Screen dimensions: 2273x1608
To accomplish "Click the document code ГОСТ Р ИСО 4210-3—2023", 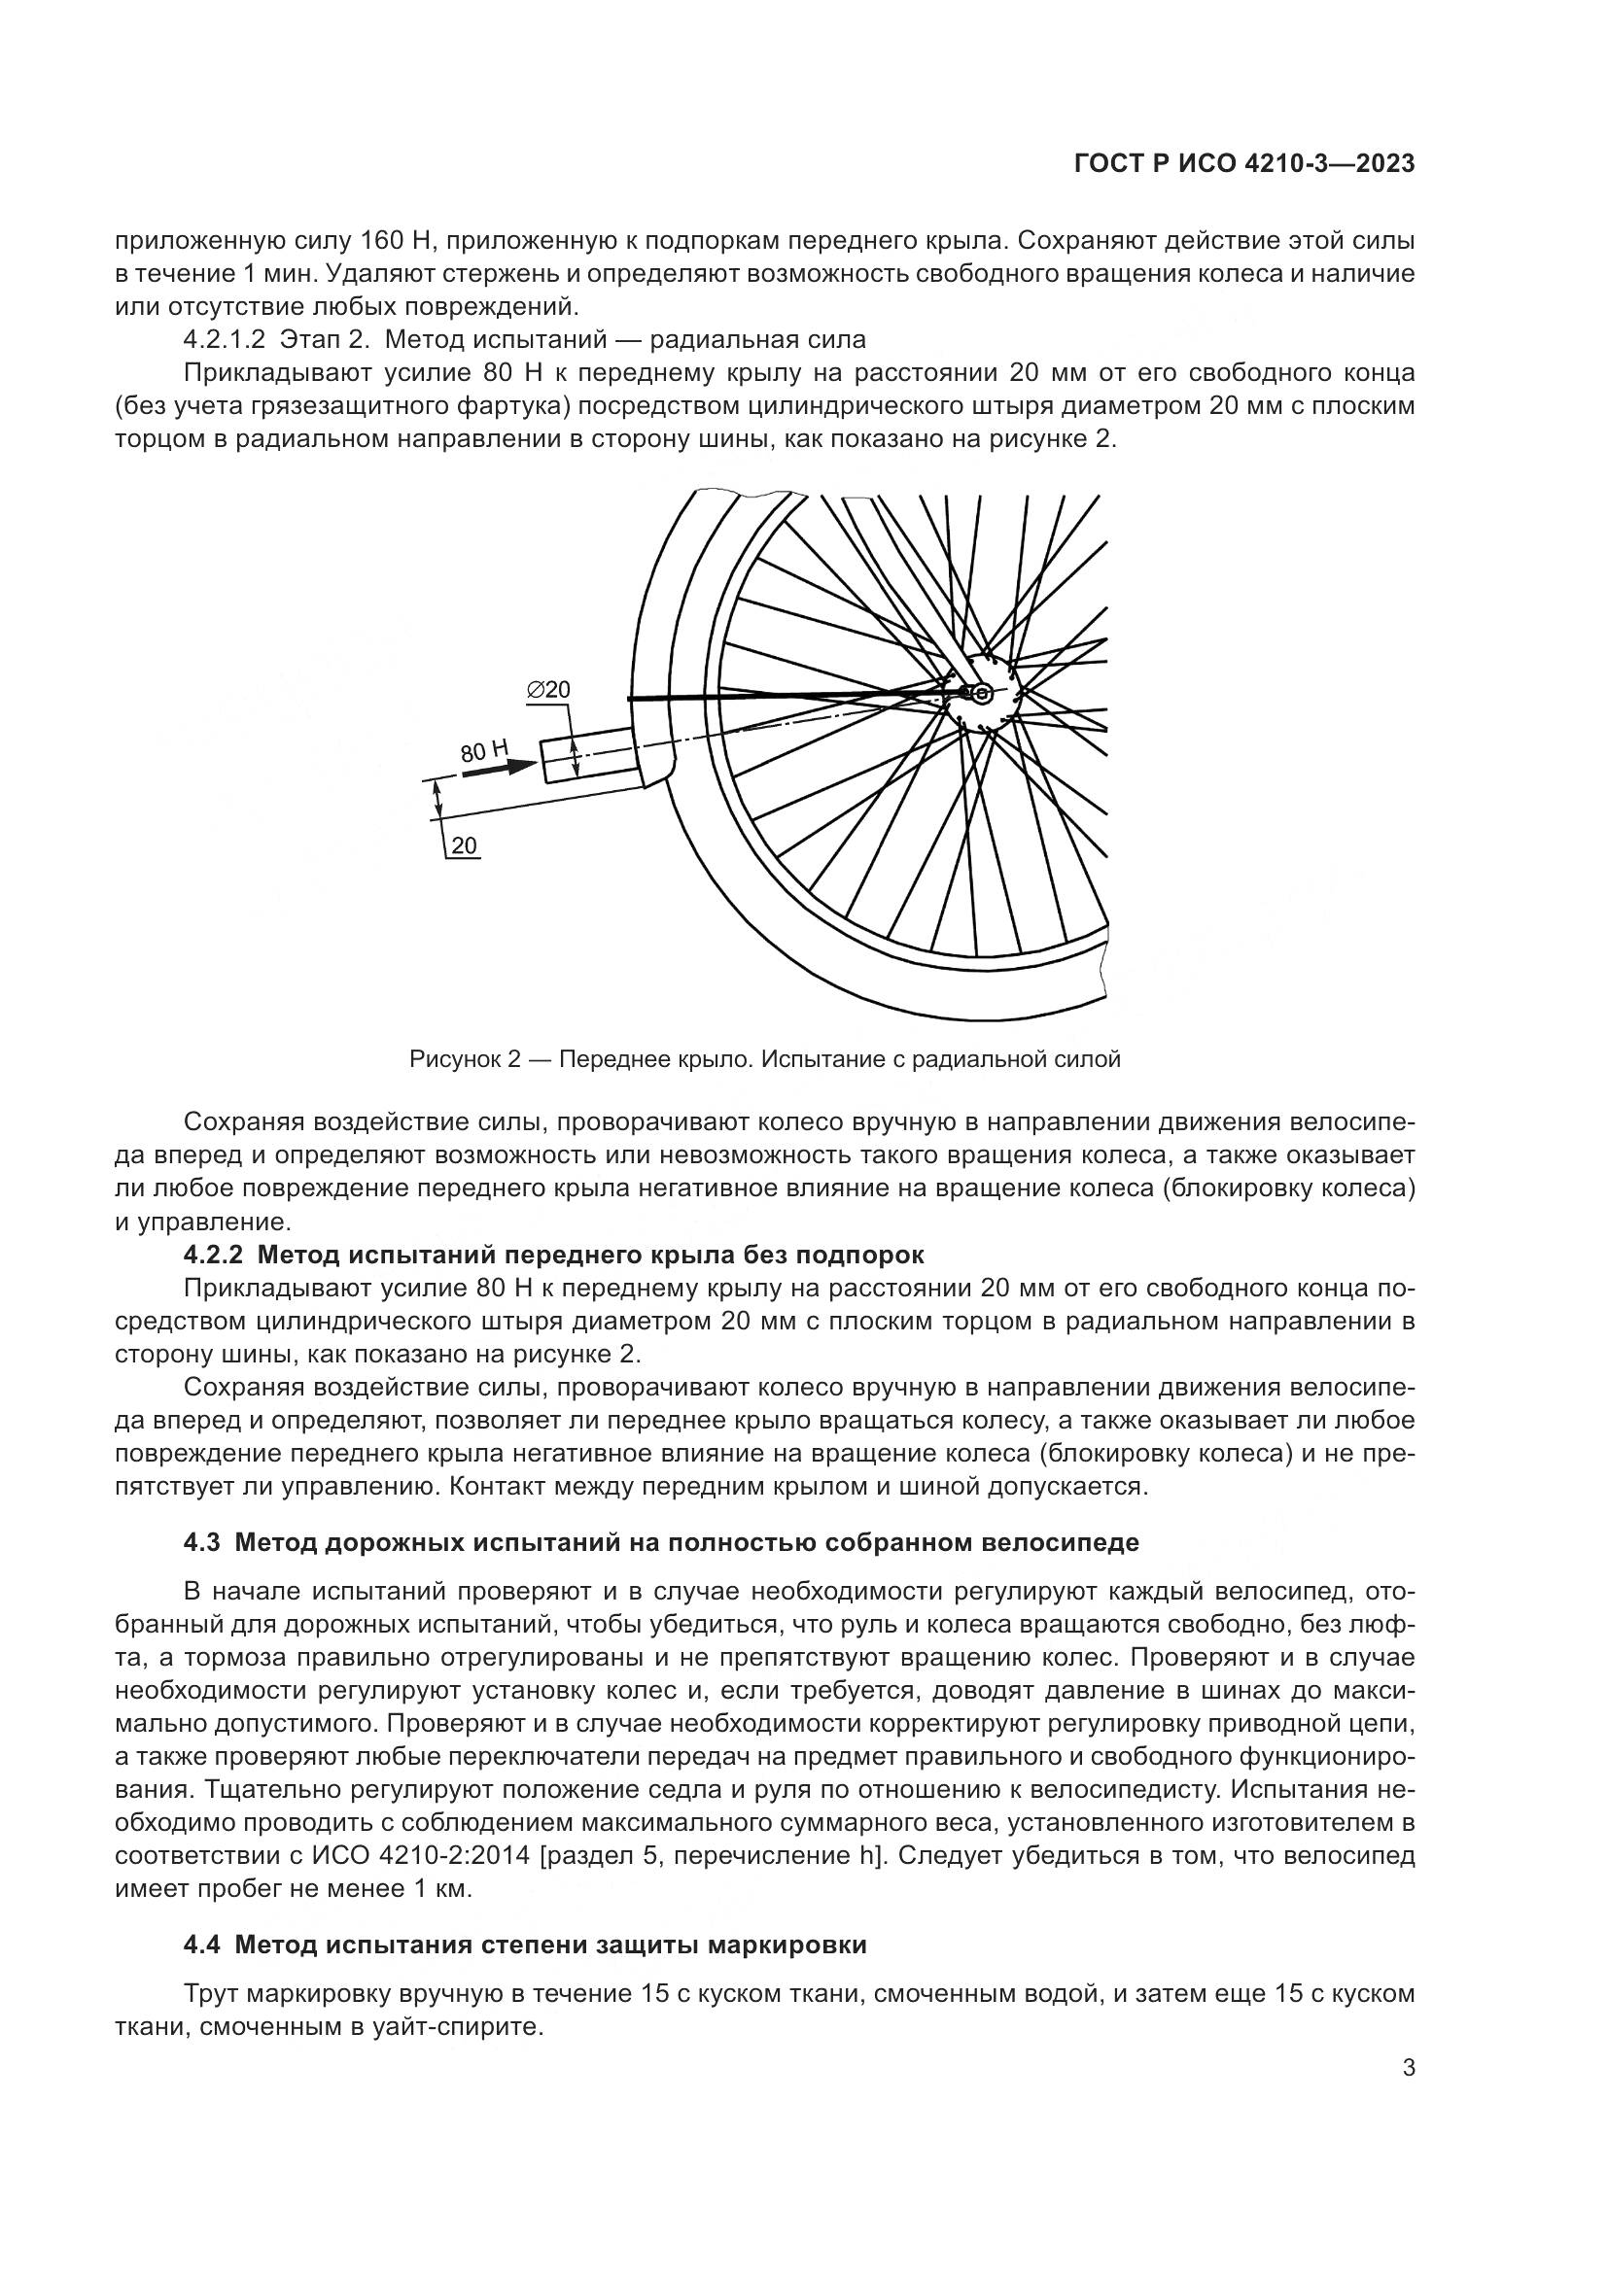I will pos(1243,164).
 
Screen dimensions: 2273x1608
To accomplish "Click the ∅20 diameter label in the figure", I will pos(548,690).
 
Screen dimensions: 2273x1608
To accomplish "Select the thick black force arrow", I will pos(498,769).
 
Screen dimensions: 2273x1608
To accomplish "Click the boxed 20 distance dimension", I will pos(464,845).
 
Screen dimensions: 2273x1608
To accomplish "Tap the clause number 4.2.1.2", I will pos(225,339).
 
